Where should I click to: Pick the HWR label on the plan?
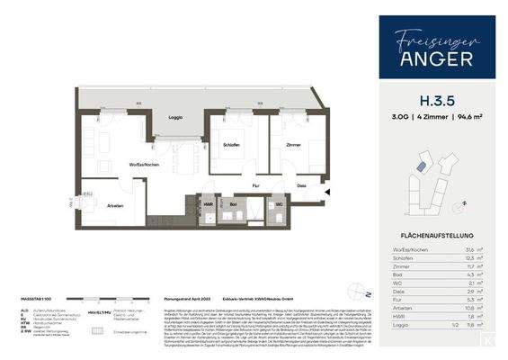(x=209, y=205)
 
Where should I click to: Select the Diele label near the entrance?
(x=301, y=187)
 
